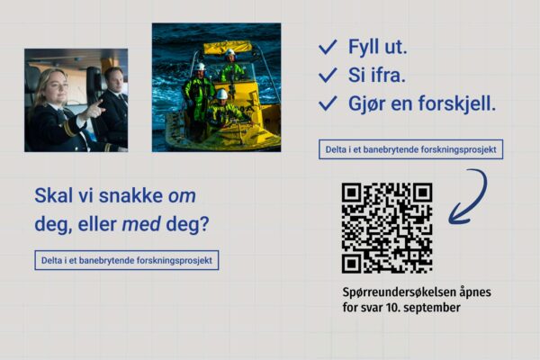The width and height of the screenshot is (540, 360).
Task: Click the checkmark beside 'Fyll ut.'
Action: [x=328, y=47]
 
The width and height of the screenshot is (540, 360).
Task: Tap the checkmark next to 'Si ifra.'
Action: [x=328, y=75]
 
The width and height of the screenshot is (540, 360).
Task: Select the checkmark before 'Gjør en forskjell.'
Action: [x=328, y=103]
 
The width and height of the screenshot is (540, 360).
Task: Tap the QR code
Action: [x=387, y=228]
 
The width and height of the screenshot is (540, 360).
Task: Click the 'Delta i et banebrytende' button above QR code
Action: [x=411, y=149]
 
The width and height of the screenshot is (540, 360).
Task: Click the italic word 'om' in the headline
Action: [x=182, y=196]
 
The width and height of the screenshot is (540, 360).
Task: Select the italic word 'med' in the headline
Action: [x=141, y=224]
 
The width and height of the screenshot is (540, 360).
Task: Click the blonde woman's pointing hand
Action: [x=94, y=110]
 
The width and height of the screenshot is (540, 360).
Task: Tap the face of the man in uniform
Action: [x=115, y=80]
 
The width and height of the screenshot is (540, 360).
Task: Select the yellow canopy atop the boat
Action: [x=228, y=48]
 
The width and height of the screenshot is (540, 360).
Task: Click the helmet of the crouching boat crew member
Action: [x=222, y=94]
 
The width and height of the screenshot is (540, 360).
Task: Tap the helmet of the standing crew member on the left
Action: [x=200, y=67]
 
